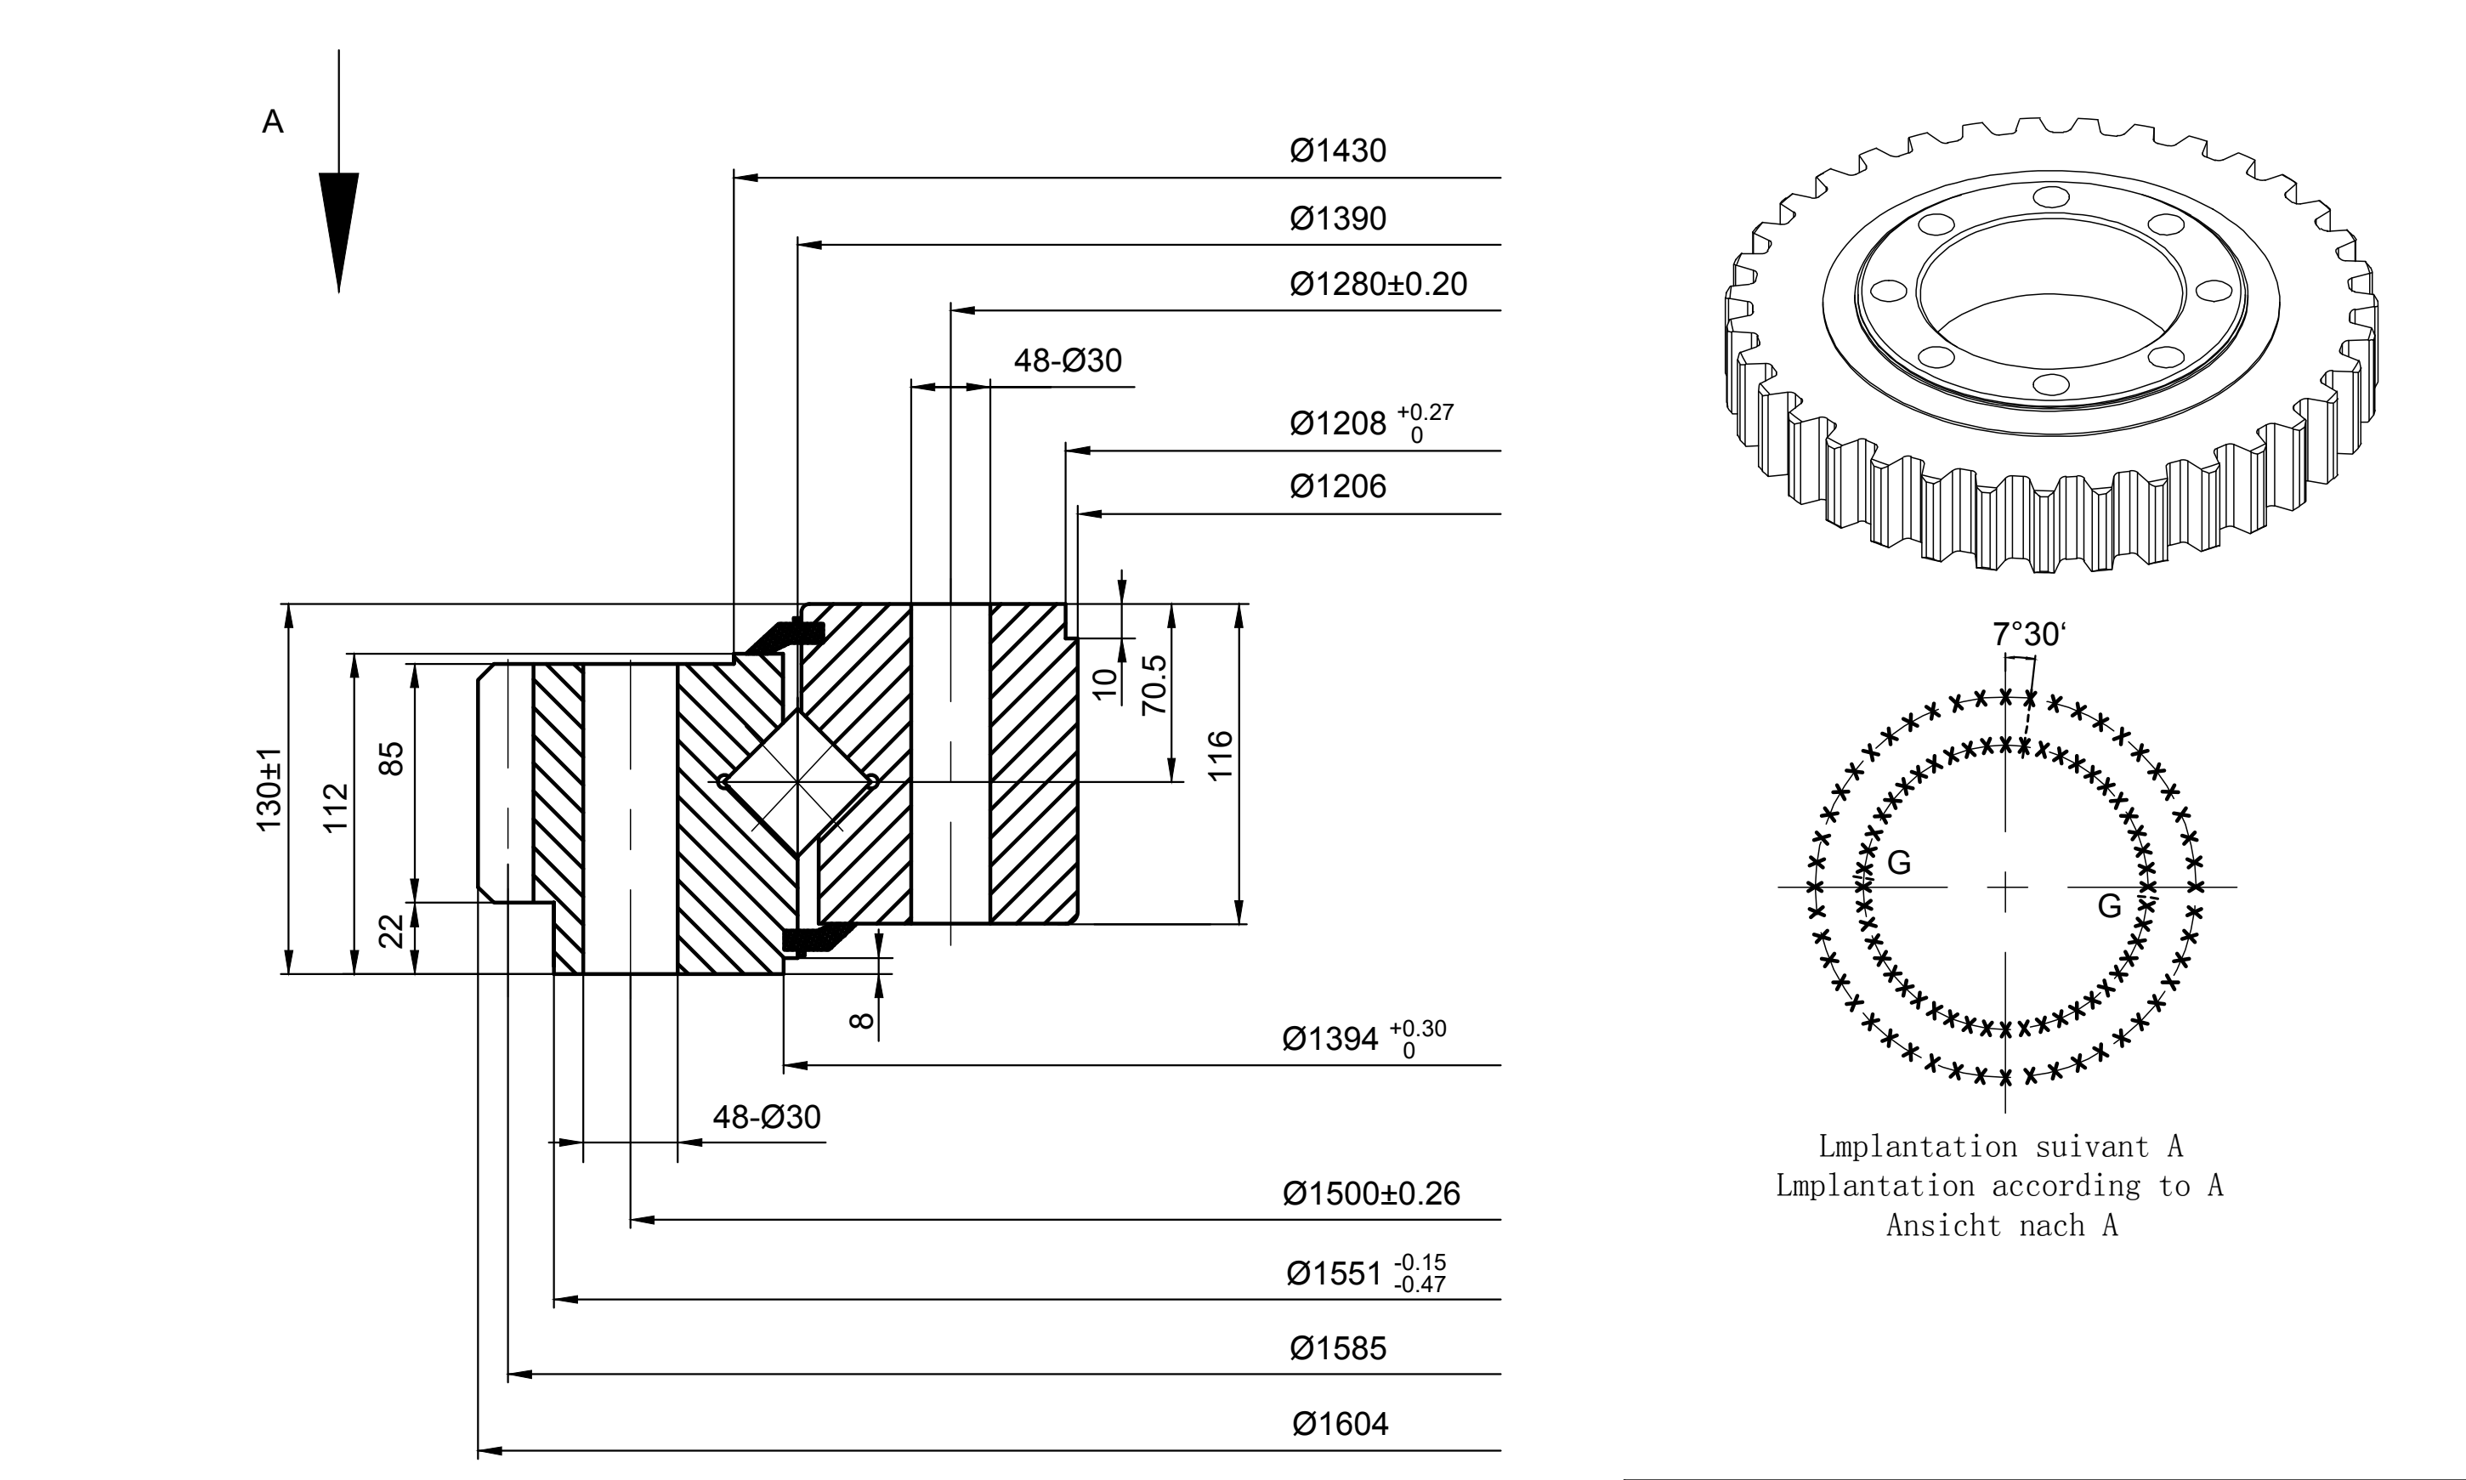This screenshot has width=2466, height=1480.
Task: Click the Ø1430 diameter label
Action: coord(1337,150)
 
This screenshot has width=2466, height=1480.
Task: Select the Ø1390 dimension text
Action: coord(1337,218)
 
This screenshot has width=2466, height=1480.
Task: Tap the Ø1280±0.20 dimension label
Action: coord(1378,284)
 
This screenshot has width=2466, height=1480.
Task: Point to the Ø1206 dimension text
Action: coord(1337,487)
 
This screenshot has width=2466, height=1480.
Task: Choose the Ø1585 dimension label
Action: coord(1337,1348)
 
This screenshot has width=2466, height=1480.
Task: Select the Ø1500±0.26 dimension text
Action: coord(1371,1194)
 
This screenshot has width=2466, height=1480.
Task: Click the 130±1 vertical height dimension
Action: coord(269,790)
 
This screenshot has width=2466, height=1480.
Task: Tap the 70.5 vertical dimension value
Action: coord(1154,685)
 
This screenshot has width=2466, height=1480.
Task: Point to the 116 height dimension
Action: coord(1221,756)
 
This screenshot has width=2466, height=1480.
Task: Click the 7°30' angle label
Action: coord(2029,634)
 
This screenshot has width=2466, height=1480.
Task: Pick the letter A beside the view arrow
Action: coord(272,122)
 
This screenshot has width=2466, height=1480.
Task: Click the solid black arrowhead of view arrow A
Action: coord(339,232)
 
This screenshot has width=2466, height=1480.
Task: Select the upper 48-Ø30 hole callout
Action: coord(1068,360)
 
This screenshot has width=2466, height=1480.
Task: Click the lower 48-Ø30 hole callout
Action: coord(767,1117)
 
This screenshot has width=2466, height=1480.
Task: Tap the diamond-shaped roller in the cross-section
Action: coord(797,782)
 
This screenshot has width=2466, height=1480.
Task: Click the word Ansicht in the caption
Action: coord(1943,1225)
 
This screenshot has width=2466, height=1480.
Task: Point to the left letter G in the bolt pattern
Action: coord(1900,863)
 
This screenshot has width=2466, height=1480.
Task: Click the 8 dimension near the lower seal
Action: coord(863,1021)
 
